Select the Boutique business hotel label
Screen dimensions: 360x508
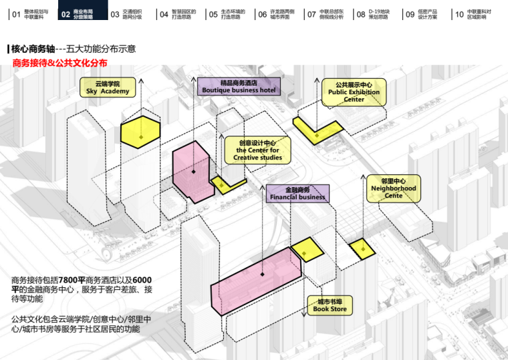tap(239, 86)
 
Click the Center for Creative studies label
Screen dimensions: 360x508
tap(258, 150)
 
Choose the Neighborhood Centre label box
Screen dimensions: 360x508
tap(393, 188)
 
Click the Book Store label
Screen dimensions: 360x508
tap(330, 306)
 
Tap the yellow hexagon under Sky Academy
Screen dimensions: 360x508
tap(140, 130)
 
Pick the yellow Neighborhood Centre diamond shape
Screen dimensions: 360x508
tap(362, 248)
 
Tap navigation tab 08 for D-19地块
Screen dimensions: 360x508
tap(373, 13)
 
